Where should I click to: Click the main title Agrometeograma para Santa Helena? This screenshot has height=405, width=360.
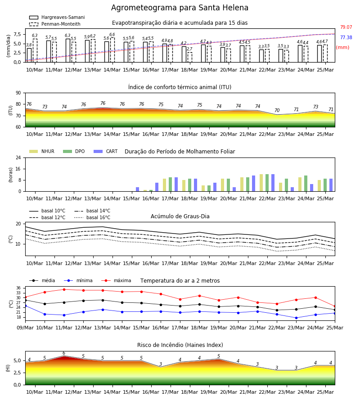pyautogui.click(x=180, y=8)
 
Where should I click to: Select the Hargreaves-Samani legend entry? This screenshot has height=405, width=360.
pyautogui.click(x=57, y=17)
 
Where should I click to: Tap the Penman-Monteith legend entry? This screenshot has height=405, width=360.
pyautogui.click(x=55, y=24)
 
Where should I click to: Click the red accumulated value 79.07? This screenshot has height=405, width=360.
pyautogui.click(x=346, y=27)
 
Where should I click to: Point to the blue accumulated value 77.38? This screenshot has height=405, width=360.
pyautogui.click(x=346, y=37)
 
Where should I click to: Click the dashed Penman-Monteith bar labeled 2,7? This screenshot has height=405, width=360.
pyautogui.click(x=190, y=57)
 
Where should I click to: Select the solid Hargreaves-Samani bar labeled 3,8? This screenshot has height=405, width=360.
pyautogui.click(x=29, y=55)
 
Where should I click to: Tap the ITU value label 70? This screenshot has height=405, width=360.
pyautogui.click(x=277, y=110)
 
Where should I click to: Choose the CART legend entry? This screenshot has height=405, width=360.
pyautogui.click(x=106, y=151)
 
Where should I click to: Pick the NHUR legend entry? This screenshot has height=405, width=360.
pyautogui.click(x=42, y=151)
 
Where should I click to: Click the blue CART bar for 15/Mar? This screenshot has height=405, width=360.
pyautogui.click(x=137, y=189)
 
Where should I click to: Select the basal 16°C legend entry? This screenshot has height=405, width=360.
pyautogui.click(x=92, y=217)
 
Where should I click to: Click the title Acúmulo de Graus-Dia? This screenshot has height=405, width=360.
pyautogui.click(x=180, y=216)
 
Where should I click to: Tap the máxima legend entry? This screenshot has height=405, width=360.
pyautogui.click(x=117, y=280)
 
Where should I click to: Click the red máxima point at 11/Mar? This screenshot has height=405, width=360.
pyautogui.click(x=64, y=289)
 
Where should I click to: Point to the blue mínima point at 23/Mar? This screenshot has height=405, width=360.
pyautogui.click(x=296, y=318)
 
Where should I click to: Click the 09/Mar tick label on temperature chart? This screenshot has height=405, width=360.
pyautogui.click(x=25, y=328)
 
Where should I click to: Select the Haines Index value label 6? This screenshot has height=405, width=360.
pyautogui.click(x=64, y=353)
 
